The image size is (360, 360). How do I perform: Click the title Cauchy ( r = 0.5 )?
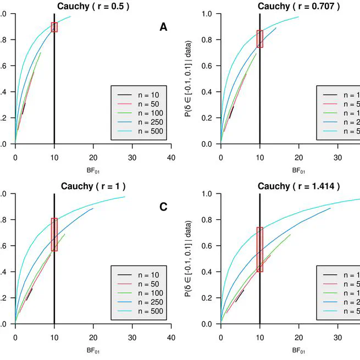(x=93, y=6)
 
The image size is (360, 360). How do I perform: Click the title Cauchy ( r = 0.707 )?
(x=299, y=6)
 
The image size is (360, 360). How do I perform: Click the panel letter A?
(x=163, y=26)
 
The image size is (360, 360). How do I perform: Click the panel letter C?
(x=163, y=207)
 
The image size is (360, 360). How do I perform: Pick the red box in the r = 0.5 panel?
(x=54, y=27)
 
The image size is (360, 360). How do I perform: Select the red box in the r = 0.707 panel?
(x=259, y=38)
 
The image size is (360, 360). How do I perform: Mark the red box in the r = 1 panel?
(x=54, y=235)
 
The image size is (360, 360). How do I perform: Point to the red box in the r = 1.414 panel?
(x=259, y=249)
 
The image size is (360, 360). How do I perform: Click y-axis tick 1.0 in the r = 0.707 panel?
(x=207, y=14)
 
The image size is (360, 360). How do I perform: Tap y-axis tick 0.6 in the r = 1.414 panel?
(x=207, y=246)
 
